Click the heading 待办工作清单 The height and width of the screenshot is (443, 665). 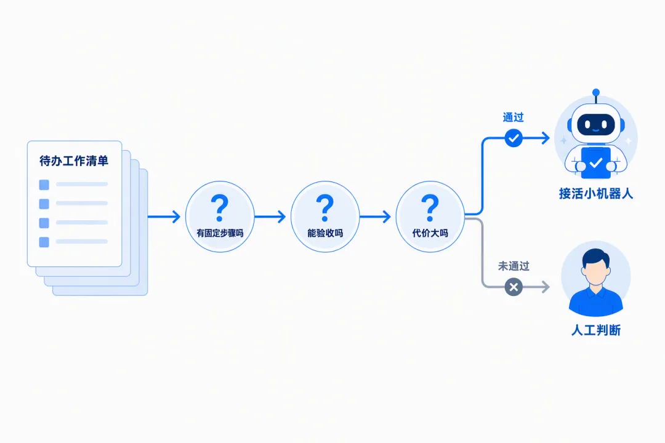(74, 161)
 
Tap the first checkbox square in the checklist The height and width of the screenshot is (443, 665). (44, 185)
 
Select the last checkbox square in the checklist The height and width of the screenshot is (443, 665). (44, 242)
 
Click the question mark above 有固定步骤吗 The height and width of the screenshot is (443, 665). (220, 208)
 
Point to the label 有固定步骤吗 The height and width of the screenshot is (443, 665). (220, 233)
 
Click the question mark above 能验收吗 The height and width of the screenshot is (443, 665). (325, 208)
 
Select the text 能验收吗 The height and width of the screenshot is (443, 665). (325, 233)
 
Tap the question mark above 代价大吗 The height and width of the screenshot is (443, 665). (430, 208)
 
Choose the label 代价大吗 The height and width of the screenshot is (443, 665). (430, 233)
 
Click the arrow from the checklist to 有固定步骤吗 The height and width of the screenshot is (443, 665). (164, 217)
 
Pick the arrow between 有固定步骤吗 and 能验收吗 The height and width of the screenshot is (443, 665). (270, 217)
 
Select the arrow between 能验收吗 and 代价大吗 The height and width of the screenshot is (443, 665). (376, 217)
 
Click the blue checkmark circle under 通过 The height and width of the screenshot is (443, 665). (514, 138)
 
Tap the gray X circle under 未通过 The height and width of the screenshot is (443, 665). (514, 287)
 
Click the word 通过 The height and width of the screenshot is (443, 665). (513, 118)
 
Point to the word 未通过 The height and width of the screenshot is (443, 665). (514, 266)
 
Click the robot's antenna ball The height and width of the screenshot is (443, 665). (596, 92)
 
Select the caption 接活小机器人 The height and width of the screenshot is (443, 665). (596, 194)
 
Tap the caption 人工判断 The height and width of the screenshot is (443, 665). (596, 330)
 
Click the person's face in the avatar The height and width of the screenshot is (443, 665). (595, 272)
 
